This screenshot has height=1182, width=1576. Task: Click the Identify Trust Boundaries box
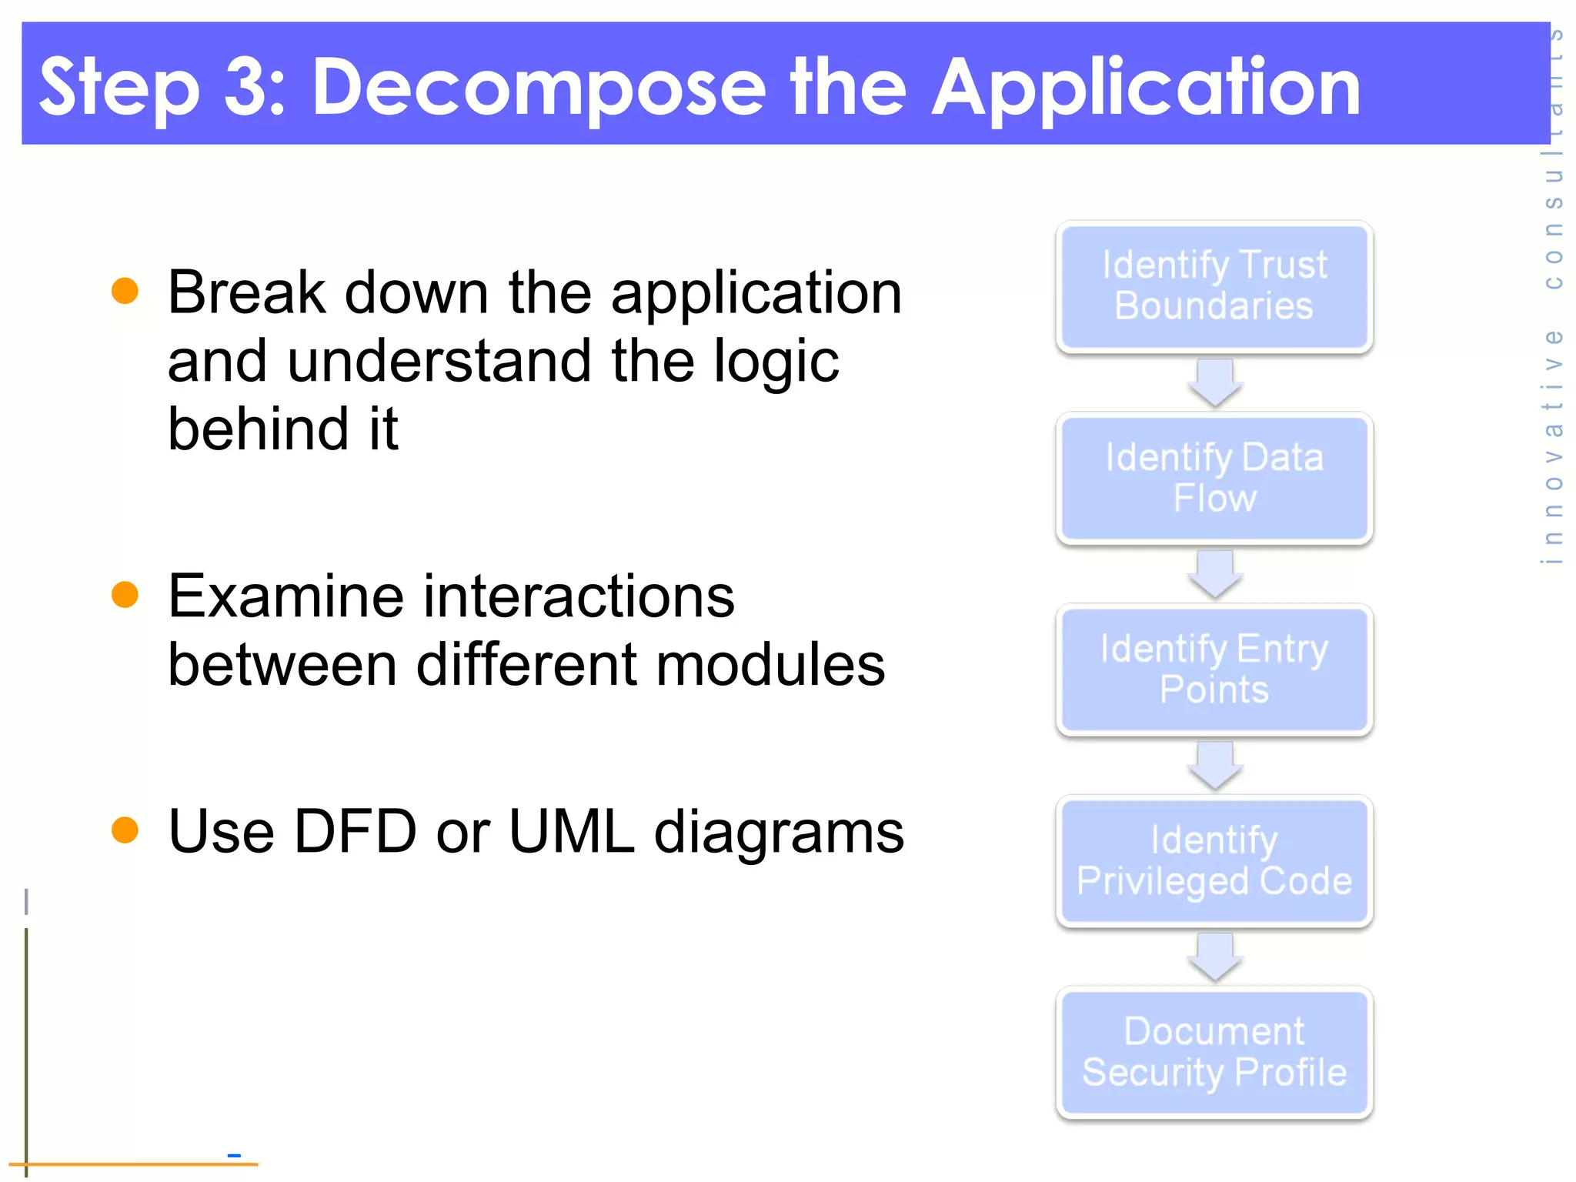click(1214, 286)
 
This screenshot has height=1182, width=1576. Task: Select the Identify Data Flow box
click(1214, 478)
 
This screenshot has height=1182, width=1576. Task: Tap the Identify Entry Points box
click(1214, 669)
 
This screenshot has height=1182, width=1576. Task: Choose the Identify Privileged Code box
click(1214, 860)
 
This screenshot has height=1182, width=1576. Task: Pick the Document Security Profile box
click(1214, 1052)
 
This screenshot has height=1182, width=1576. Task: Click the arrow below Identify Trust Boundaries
click(1214, 382)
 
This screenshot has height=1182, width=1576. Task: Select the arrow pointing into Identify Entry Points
click(1214, 574)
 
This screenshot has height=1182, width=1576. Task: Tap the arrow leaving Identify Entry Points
click(1214, 766)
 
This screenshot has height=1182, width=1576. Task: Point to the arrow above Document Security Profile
click(1214, 957)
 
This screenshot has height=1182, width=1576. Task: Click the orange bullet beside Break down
click(125, 291)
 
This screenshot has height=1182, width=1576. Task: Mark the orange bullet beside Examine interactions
click(125, 594)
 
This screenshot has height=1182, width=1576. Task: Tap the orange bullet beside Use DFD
click(125, 830)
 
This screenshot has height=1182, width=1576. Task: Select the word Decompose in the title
click(539, 88)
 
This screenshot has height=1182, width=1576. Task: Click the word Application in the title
click(1146, 89)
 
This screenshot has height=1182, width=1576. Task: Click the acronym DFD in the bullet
click(355, 831)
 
